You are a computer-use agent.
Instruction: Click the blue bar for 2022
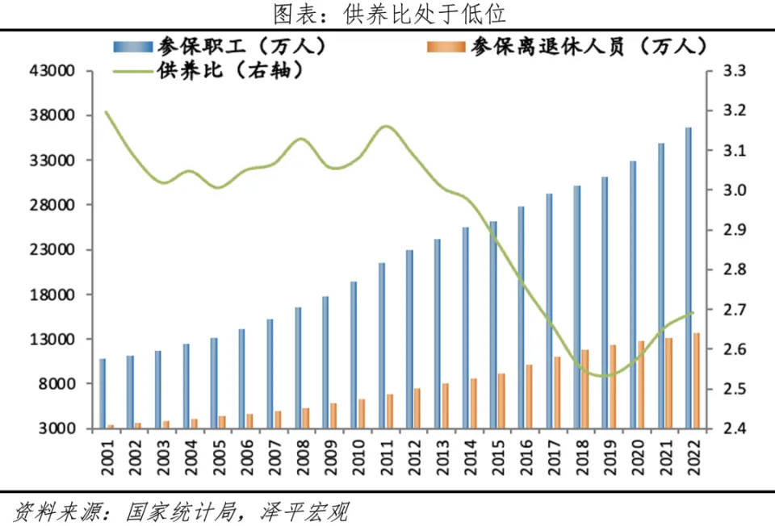pos(689,278)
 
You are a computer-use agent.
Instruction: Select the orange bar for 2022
pos(697,380)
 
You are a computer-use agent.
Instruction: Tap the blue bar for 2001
pos(103,393)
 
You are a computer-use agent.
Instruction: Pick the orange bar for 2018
pos(585,388)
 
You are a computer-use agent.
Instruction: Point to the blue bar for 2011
pos(382,345)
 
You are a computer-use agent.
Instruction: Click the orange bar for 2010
pos(362,413)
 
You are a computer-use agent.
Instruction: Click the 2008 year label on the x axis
pos(299,458)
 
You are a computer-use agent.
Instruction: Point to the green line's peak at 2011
pos(386,126)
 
